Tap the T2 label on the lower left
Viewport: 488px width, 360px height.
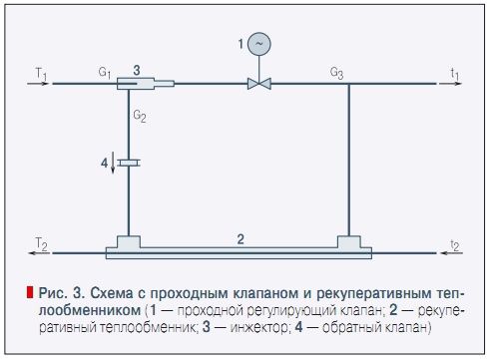point(39,242)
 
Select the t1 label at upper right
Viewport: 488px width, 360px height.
point(454,73)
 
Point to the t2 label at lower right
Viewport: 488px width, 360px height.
point(454,242)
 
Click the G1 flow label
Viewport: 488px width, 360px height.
point(105,73)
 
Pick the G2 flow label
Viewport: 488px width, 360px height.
point(140,117)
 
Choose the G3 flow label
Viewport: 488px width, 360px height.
point(338,73)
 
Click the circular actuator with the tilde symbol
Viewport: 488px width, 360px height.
point(259,44)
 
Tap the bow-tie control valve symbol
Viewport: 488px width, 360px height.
point(259,85)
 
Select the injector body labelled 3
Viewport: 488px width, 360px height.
point(140,85)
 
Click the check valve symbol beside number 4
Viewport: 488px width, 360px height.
point(129,161)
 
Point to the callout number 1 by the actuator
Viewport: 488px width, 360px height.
point(241,44)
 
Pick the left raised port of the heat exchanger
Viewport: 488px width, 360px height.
point(129,242)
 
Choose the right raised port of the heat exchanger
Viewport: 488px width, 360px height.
point(349,242)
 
